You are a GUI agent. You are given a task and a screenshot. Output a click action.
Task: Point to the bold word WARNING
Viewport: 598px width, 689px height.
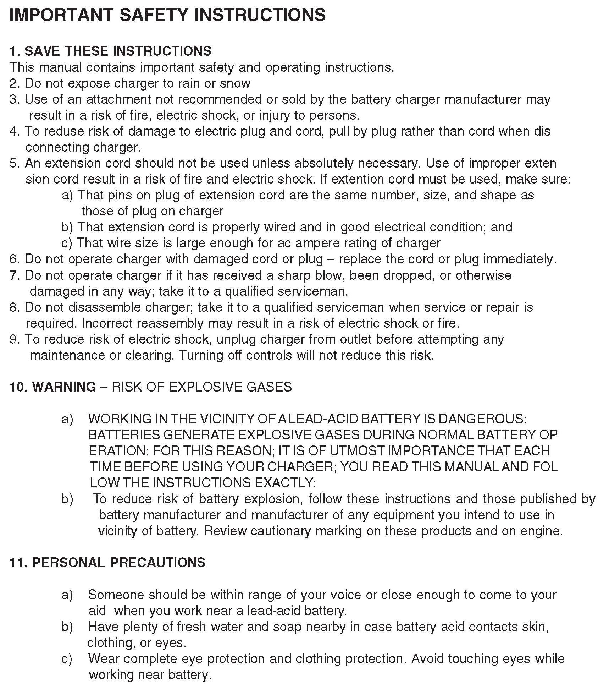(64, 387)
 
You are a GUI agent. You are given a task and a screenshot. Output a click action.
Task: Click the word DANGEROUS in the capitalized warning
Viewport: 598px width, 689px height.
(482, 419)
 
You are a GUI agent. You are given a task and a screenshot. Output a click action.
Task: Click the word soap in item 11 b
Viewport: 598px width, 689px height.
(287, 627)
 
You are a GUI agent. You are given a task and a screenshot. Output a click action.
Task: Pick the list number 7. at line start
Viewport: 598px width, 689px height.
(15, 275)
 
